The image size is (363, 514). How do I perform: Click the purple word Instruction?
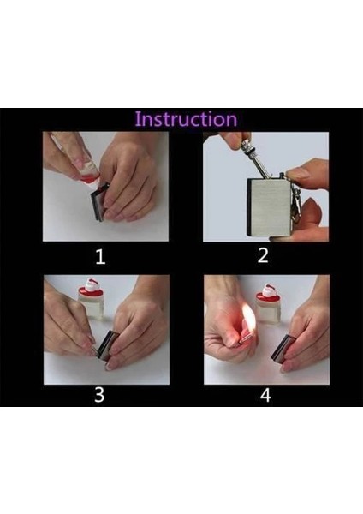point(186,119)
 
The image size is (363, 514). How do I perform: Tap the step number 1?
point(100,257)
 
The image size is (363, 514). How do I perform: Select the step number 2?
point(263,255)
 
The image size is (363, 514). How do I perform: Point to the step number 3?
point(99,395)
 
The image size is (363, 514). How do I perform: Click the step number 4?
point(265,395)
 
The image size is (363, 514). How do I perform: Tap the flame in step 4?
point(248,317)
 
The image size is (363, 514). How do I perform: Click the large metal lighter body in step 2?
point(270,206)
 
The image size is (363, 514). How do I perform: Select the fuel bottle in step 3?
point(91,299)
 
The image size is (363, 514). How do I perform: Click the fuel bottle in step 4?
point(268,303)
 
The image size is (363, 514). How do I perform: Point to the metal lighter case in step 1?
point(100,202)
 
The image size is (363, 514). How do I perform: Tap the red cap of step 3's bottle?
point(91,288)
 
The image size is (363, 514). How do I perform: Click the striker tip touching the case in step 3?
point(95,350)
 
